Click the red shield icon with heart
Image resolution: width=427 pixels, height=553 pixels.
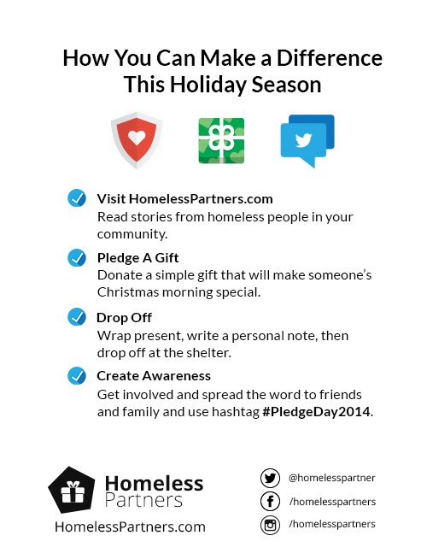[x=137, y=140]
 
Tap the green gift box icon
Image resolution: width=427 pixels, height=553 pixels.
[x=221, y=141]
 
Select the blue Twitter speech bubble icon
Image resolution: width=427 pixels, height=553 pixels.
[x=307, y=141]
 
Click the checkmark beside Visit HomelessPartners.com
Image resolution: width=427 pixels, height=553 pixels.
[x=77, y=197]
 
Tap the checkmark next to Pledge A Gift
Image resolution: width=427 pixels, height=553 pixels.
[x=77, y=257]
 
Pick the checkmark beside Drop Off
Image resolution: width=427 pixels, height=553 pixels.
[x=77, y=317]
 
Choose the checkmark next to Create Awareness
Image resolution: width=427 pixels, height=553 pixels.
[x=77, y=375]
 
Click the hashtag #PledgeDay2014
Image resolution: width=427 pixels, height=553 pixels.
[x=317, y=412]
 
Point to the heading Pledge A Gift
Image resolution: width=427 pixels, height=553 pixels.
[x=137, y=258]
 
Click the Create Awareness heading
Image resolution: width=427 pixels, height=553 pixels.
[x=154, y=376]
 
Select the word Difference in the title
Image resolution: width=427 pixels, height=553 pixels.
[x=330, y=58]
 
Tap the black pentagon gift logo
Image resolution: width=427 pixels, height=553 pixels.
[x=72, y=490]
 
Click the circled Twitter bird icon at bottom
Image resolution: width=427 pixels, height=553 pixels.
[x=270, y=479]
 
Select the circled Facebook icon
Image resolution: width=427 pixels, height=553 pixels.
[x=270, y=501]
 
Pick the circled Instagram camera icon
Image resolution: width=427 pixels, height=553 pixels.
[x=270, y=525]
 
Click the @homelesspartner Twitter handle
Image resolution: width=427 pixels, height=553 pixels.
[x=332, y=478]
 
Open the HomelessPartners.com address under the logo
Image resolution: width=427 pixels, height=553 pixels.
[x=130, y=527]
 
